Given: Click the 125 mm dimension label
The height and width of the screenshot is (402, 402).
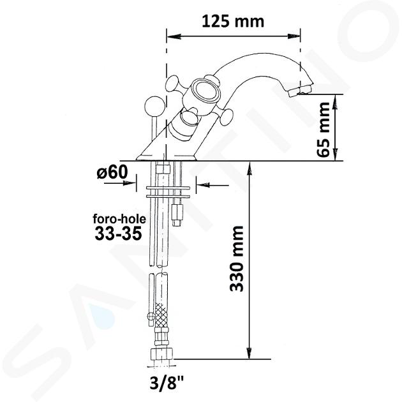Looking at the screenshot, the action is [233, 22].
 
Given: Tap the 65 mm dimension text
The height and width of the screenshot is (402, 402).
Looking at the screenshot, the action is [323, 130].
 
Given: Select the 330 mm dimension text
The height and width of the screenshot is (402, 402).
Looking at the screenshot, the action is [237, 258].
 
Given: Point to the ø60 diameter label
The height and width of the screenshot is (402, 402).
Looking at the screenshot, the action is [112, 171].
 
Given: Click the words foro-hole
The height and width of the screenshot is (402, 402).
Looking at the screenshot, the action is [119, 219].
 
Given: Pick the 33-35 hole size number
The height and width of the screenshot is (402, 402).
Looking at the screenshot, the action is [118, 234].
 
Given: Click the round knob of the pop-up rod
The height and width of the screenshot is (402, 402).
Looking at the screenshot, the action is [154, 105].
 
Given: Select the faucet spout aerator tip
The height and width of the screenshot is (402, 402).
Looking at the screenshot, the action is [299, 91].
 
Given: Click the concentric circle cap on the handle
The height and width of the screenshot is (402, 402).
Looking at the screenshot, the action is [207, 91].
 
